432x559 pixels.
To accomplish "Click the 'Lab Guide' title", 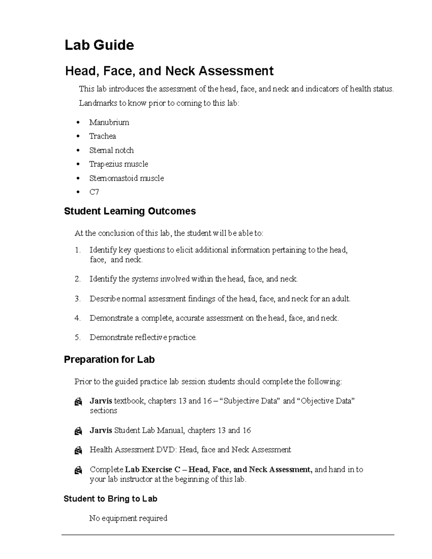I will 99,45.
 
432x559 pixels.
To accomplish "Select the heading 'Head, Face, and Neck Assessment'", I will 169,71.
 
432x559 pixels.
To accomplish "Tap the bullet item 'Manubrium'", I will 109,122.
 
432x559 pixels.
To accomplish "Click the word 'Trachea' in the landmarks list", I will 103,136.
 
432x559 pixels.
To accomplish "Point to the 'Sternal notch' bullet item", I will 111,150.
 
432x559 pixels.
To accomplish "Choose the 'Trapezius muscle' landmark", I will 118,164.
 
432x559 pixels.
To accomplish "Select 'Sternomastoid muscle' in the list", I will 126,178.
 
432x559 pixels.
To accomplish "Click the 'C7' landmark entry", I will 94,192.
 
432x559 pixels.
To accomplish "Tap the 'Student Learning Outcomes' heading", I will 130,211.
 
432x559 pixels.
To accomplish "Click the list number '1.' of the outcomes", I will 78,250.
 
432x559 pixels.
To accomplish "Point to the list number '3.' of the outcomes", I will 78,299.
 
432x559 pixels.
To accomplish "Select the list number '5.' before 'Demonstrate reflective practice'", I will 78,338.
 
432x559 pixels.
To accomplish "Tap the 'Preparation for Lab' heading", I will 109,360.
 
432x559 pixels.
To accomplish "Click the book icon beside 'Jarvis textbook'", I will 78,402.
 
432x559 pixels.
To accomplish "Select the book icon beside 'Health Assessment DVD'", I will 78,450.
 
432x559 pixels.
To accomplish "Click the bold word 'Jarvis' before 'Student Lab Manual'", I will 101,430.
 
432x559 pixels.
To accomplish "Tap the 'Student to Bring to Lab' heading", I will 110,499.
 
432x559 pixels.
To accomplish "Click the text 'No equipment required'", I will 128,518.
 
